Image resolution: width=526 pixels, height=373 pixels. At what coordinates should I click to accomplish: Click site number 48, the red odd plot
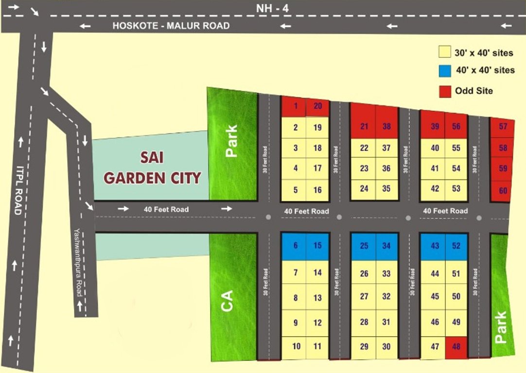456,346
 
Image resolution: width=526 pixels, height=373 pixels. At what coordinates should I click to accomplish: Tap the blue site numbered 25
364,246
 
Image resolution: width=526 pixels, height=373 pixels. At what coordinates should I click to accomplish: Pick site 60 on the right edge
503,191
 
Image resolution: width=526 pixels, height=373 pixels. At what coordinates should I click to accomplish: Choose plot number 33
386,274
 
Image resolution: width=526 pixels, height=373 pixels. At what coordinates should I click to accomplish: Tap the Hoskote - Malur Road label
171,26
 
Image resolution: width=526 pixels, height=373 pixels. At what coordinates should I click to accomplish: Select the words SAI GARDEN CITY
152,169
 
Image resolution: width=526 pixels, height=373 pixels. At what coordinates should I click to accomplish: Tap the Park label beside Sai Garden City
232,141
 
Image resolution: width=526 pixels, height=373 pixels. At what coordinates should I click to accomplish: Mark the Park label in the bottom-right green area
500,328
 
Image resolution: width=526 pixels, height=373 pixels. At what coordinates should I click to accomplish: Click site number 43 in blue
435,246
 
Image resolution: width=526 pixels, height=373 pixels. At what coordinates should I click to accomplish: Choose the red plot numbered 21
364,127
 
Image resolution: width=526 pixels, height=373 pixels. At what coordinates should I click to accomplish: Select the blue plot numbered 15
317,246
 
